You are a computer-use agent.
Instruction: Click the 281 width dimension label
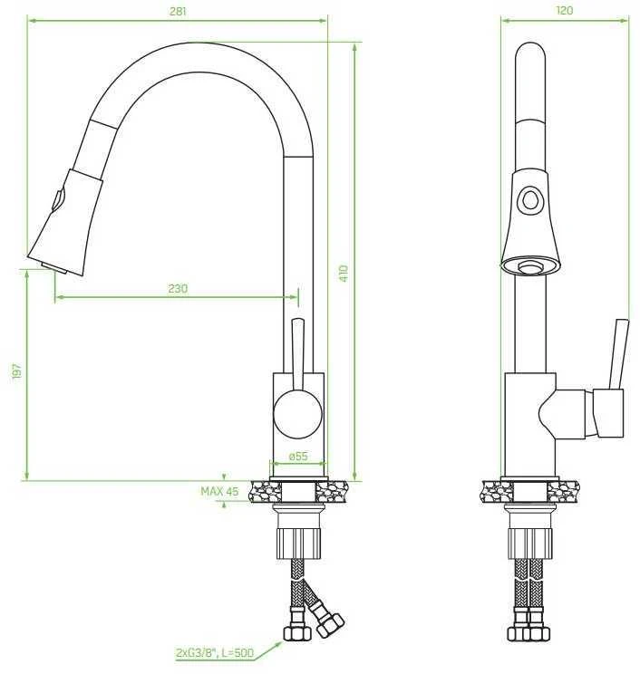(x=178, y=11)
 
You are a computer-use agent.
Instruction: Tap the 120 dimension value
(x=565, y=10)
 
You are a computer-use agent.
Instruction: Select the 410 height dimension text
(x=344, y=274)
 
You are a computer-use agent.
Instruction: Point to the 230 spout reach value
(x=178, y=288)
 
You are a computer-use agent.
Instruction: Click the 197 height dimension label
(x=17, y=371)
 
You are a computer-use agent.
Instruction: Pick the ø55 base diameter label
(x=298, y=456)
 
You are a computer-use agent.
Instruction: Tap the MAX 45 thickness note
(x=219, y=491)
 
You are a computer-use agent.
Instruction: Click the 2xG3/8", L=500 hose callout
(x=215, y=653)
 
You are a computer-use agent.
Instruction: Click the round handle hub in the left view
(x=297, y=414)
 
